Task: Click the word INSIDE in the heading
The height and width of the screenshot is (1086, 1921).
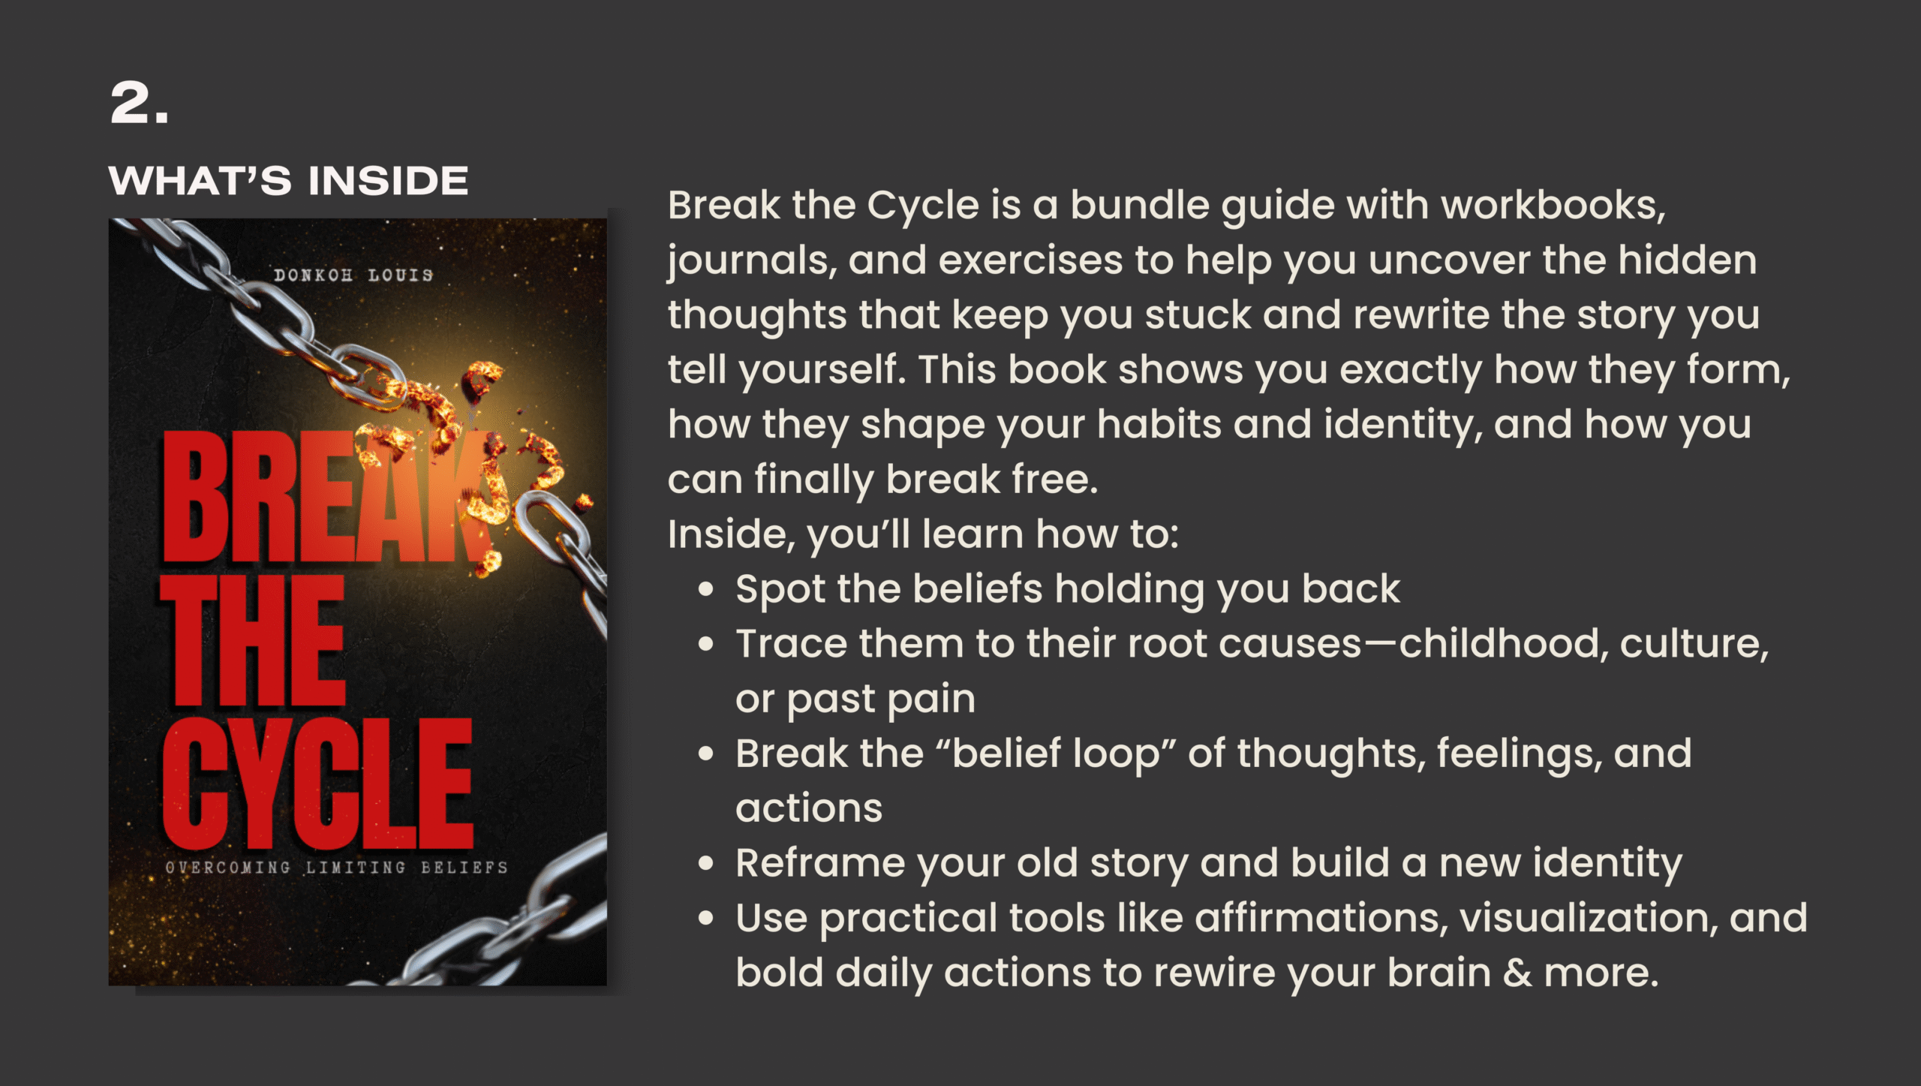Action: (389, 181)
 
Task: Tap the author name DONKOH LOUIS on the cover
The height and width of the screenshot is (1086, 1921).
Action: (353, 275)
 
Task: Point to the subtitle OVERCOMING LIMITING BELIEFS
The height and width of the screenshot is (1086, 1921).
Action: (336, 868)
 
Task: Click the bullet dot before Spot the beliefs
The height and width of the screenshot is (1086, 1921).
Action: (705, 590)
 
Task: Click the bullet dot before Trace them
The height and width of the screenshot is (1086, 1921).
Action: (705, 645)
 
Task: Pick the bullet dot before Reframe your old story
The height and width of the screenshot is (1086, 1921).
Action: (705, 864)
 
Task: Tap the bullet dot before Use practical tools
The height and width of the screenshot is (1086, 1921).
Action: (705, 919)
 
